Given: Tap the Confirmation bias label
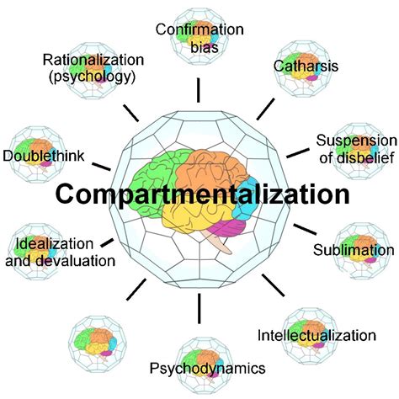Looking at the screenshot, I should click(x=199, y=38).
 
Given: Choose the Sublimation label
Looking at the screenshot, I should click(x=353, y=250).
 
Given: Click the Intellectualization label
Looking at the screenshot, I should click(x=316, y=336).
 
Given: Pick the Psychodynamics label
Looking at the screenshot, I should click(x=207, y=368).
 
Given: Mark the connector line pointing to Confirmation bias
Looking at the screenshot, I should click(x=199, y=88).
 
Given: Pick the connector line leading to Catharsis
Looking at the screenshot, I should click(x=266, y=107).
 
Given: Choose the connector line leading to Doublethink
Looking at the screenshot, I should click(x=102, y=164).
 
